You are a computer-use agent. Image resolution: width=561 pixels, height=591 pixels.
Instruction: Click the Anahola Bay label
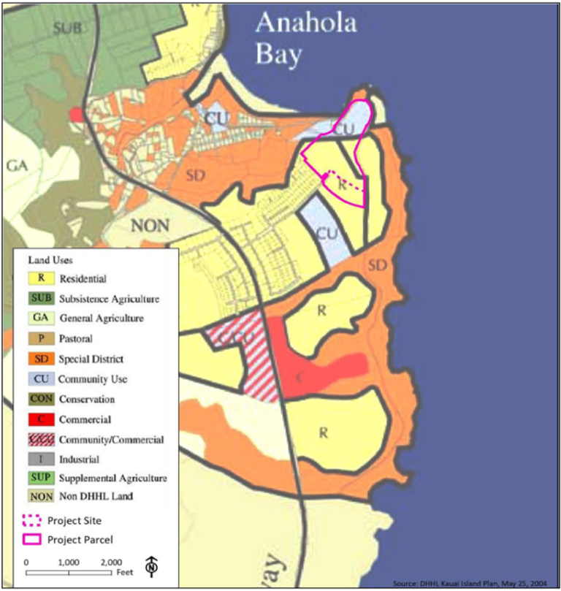(x=305, y=37)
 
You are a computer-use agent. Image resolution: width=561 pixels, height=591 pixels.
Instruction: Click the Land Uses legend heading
(x=50, y=260)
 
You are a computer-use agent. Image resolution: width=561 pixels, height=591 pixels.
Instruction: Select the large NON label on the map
(x=149, y=226)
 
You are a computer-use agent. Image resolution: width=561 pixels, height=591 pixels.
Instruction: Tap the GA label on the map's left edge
(x=16, y=166)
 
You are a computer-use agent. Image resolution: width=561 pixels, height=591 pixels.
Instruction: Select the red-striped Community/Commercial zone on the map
(x=241, y=351)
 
